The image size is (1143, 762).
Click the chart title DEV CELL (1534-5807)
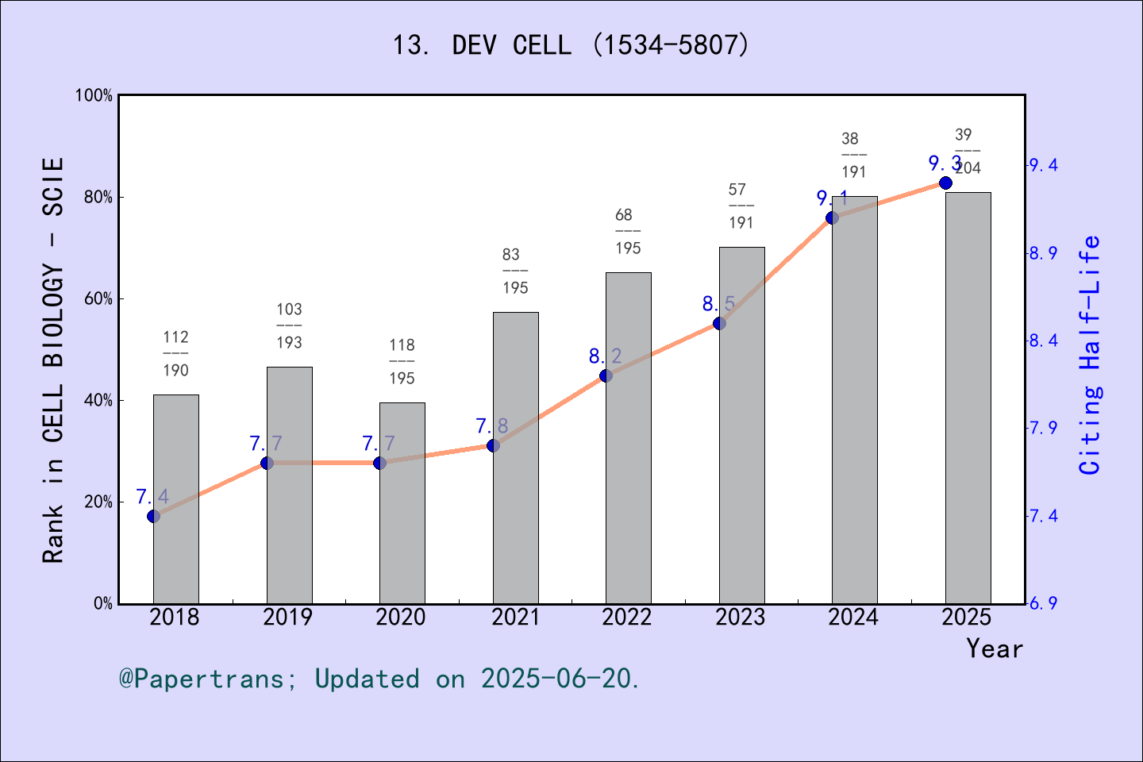coord(571,45)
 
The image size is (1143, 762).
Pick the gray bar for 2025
coord(968,397)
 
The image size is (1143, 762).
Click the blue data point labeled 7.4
coord(154,516)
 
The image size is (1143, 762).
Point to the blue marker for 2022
coord(606,375)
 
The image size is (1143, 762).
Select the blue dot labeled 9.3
coord(945,183)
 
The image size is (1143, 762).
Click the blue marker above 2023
coord(719,323)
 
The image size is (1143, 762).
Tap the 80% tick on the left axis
coord(98,198)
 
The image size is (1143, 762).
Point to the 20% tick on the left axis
coord(98,502)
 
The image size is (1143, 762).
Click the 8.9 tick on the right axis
coord(1043,253)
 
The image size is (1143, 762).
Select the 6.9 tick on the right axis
coord(1043,603)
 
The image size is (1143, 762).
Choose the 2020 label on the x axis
coord(401,618)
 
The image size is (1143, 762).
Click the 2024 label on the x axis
coord(853,618)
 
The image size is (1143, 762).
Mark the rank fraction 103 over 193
coord(290,325)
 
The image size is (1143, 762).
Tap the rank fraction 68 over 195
coord(628,232)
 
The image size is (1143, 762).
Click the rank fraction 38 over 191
coord(854,156)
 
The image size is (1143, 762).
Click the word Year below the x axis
coord(994,649)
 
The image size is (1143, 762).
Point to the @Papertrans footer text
coord(379,679)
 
